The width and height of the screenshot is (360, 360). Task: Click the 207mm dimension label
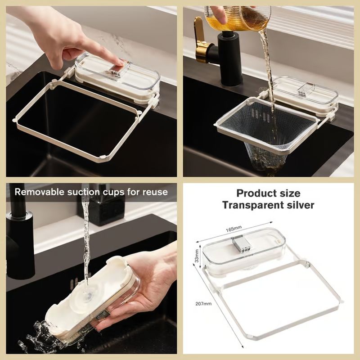pyautogui.click(x=204, y=304)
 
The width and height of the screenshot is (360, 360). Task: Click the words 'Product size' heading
pyautogui.click(x=268, y=193)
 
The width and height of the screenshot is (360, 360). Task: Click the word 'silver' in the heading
pyautogui.click(x=302, y=205)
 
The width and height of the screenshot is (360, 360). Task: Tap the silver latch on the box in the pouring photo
pyautogui.click(x=302, y=89)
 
